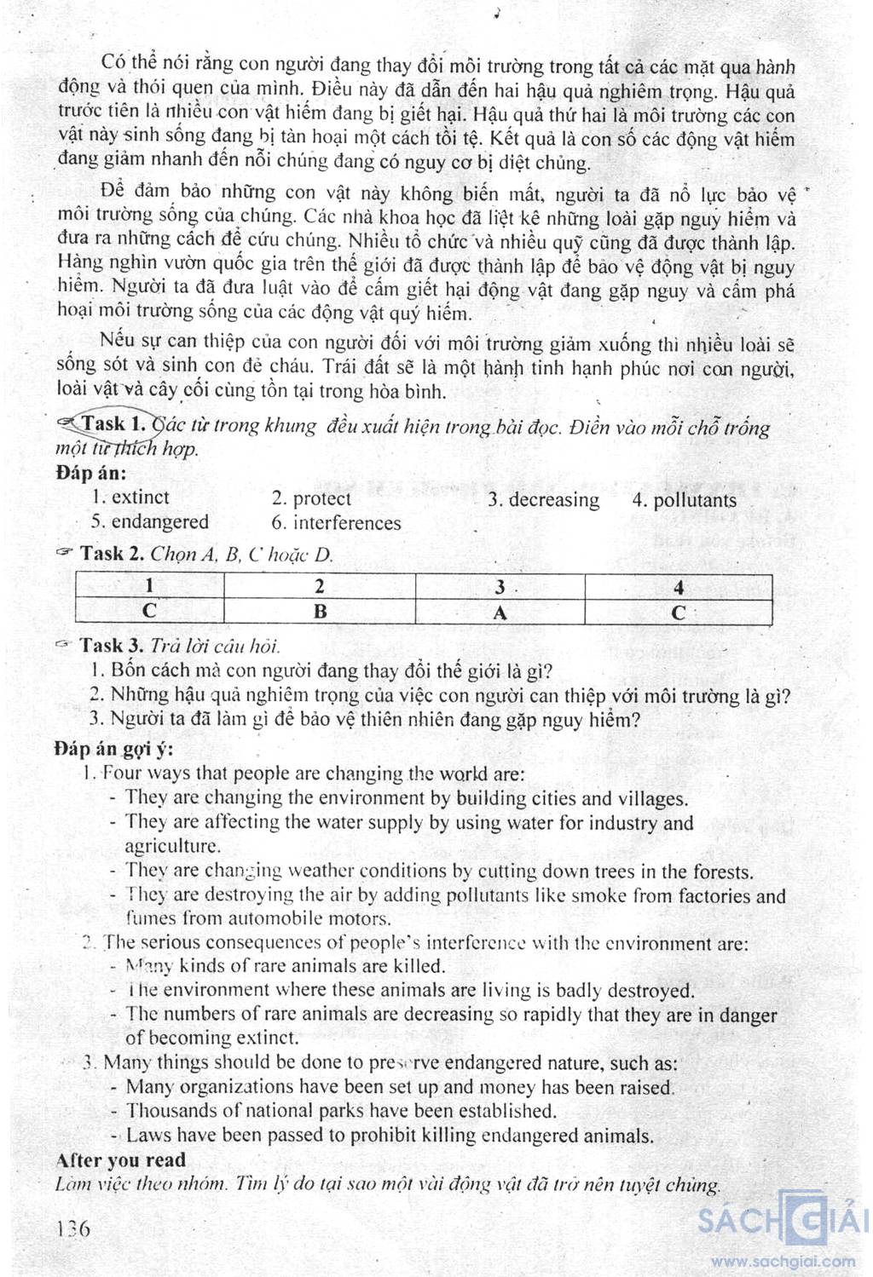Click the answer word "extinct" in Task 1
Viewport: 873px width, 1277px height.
(141, 498)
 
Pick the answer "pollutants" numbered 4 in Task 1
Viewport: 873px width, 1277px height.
(695, 501)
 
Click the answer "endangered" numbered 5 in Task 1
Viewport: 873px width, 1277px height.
(159, 522)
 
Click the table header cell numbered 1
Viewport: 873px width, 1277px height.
(150, 586)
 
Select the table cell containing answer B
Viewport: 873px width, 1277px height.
(320, 612)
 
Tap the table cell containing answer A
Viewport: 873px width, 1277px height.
(500, 613)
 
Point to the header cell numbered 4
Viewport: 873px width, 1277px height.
(679, 587)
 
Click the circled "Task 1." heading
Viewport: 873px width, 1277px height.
(114, 423)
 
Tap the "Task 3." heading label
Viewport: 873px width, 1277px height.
(113, 646)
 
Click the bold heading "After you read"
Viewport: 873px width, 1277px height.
(121, 1160)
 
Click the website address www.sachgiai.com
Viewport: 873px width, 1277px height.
(783, 1262)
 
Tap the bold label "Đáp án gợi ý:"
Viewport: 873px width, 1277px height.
(113, 749)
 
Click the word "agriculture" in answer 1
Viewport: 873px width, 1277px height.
(171, 847)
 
